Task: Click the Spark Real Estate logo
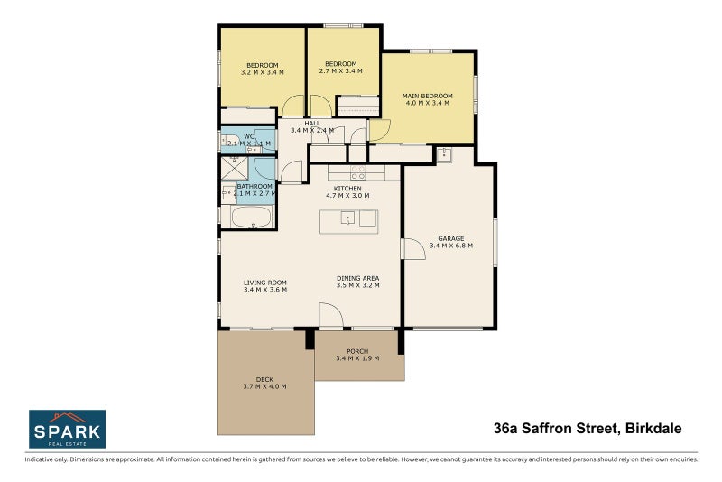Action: pyautogui.click(x=67, y=429)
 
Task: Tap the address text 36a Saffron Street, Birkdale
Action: pyautogui.click(x=588, y=428)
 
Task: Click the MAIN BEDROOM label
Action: pyautogui.click(x=427, y=96)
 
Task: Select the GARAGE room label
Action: pyautogui.click(x=450, y=238)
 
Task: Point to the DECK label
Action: pyautogui.click(x=264, y=379)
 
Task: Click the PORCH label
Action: pyautogui.click(x=357, y=351)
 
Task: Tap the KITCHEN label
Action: pyautogui.click(x=347, y=188)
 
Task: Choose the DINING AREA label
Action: pyautogui.click(x=357, y=278)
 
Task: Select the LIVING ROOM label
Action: pyautogui.click(x=264, y=283)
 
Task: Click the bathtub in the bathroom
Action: pyautogui.click(x=250, y=218)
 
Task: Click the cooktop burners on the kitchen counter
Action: pyautogui.click(x=357, y=171)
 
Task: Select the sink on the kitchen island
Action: pyautogui.click(x=347, y=218)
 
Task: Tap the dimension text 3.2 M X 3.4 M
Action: pyautogui.click(x=262, y=72)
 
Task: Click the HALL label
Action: pyautogui.click(x=312, y=123)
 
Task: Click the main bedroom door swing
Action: pyautogui.click(x=378, y=131)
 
